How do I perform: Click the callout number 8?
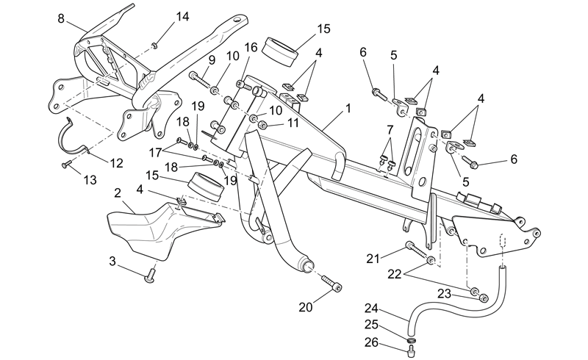[x=61, y=18]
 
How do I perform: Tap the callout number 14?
[x=182, y=16]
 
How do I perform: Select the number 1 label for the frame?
[x=348, y=109]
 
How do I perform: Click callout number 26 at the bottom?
[x=371, y=342]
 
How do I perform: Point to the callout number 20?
[x=305, y=307]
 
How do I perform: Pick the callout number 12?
[x=116, y=163]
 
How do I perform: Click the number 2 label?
[x=118, y=193]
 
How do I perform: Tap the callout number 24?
[x=371, y=309]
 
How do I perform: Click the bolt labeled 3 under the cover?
[x=150, y=276]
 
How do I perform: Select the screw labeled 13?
[x=66, y=164]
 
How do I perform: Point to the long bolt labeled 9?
[x=199, y=78]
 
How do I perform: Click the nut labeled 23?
[x=484, y=298]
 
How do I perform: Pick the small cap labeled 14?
[x=154, y=46]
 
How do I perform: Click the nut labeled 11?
[x=263, y=124]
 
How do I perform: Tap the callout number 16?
[x=251, y=47]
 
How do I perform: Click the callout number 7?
[x=390, y=130]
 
